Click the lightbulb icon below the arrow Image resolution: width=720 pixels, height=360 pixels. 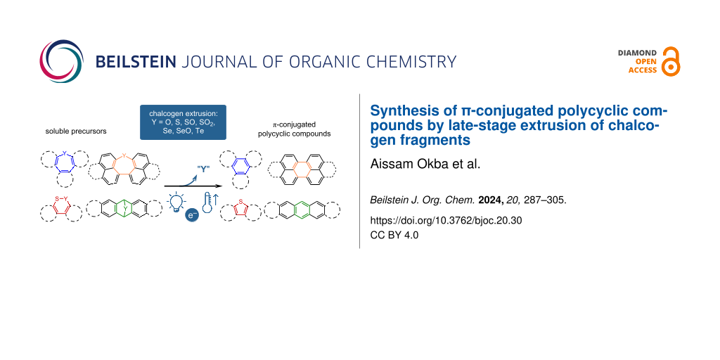[176, 203]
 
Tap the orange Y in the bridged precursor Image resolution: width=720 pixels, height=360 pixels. [124, 155]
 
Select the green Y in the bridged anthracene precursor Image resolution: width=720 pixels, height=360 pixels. [124, 208]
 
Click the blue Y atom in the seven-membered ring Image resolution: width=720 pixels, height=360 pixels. [65, 153]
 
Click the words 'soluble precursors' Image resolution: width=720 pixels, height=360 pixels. [76, 131]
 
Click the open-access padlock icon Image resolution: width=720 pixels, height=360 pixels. [671, 62]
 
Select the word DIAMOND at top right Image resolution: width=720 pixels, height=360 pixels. [637, 53]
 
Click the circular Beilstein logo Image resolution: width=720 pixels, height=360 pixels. [62, 61]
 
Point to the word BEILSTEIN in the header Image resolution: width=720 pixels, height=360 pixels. [136, 62]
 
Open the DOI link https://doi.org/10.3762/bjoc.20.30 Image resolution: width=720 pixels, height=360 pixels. [446, 220]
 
